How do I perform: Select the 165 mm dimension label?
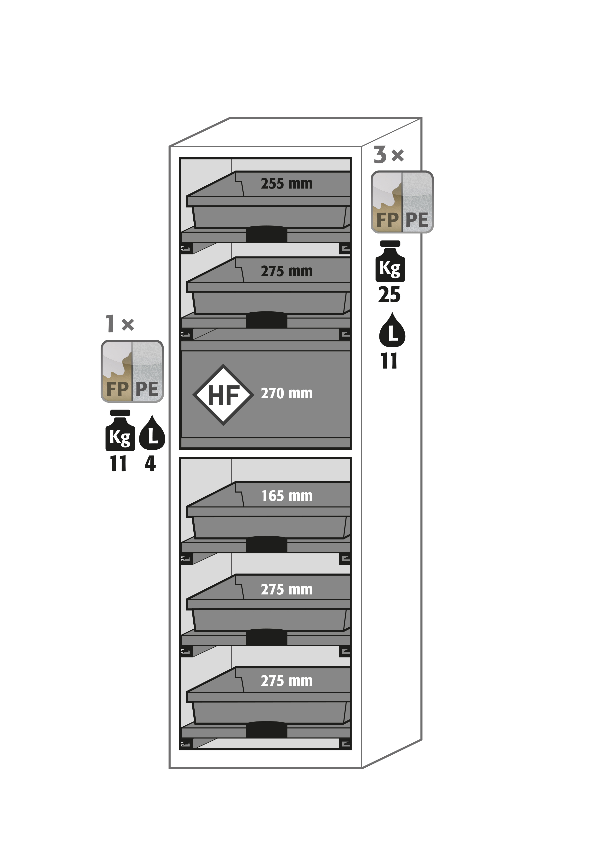pyautogui.click(x=287, y=496)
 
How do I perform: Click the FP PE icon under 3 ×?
pyautogui.click(x=402, y=202)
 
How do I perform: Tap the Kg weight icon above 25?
pyautogui.click(x=390, y=261)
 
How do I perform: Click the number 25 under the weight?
pyautogui.click(x=389, y=295)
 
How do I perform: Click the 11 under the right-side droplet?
pyautogui.click(x=389, y=361)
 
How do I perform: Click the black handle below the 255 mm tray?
pyautogui.click(x=266, y=234)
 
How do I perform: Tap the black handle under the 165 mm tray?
pyautogui.click(x=266, y=545)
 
